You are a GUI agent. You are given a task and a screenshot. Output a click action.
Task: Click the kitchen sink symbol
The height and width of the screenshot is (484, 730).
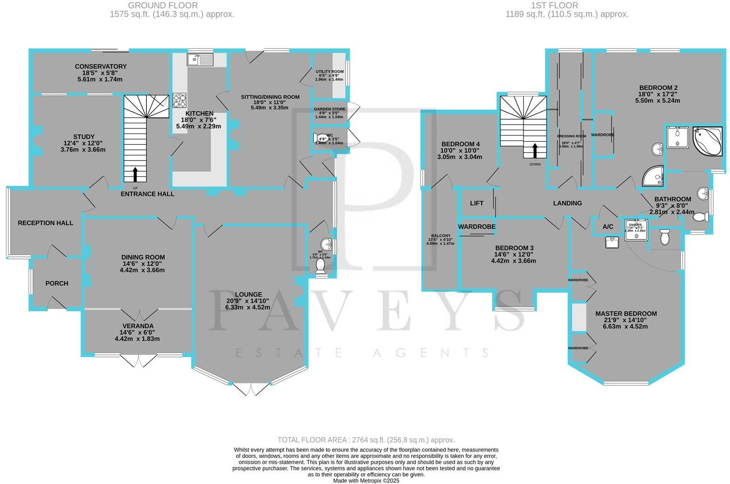point(200,60)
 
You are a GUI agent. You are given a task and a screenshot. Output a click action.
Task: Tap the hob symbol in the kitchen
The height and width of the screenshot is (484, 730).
point(179,101)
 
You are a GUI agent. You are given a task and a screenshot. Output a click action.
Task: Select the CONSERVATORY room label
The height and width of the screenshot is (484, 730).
point(100,67)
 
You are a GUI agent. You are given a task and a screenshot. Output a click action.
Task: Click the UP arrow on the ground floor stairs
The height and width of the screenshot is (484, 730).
point(135,175)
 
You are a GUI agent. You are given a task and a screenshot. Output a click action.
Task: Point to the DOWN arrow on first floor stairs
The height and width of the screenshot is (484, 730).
point(535,150)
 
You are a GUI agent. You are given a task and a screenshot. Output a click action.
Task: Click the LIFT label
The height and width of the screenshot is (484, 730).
point(477,203)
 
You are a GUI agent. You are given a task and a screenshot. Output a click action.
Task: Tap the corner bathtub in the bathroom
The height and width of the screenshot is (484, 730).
point(708,141)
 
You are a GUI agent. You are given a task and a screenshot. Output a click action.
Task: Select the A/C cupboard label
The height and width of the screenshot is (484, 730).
point(608,227)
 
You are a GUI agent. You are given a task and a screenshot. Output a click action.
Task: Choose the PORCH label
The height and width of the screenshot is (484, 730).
point(57,283)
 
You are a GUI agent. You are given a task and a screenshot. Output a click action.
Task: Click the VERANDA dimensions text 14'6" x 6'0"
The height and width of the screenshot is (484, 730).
point(137,332)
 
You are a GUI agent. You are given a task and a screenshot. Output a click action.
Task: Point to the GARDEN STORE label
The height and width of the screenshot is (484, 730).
point(329,109)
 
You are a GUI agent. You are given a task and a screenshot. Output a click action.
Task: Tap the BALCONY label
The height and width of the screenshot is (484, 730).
point(440,236)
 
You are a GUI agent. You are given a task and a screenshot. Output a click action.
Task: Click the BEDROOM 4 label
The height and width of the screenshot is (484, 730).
point(460,144)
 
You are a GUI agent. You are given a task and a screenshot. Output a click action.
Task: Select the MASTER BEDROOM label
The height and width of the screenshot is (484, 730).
point(626,314)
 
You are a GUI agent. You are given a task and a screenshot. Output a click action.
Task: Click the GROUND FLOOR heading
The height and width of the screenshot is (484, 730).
point(163,6)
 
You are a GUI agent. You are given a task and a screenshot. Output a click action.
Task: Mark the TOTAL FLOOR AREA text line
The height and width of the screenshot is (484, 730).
point(366,440)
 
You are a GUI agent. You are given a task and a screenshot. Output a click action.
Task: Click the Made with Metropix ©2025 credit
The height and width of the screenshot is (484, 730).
point(366,481)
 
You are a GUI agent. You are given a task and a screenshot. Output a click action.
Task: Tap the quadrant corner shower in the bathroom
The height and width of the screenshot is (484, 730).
point(653,175)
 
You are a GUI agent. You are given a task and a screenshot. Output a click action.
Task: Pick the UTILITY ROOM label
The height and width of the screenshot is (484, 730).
point(330,72)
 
